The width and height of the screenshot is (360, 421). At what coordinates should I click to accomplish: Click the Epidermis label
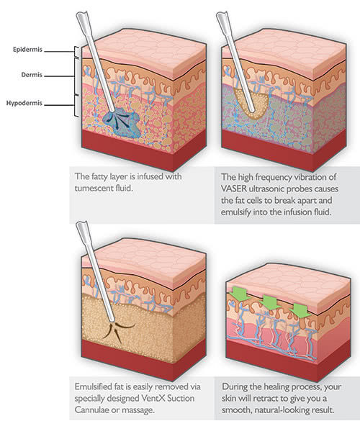click(27, 50)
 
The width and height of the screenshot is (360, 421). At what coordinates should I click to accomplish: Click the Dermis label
click(32, 75)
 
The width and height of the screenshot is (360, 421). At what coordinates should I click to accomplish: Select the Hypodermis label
click(24, 103)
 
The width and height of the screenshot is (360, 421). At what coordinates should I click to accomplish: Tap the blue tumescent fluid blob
click(122, 122)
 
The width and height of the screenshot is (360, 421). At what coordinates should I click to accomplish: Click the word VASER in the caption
click(234, 189)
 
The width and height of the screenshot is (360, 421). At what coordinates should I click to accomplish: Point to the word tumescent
click(94, 188)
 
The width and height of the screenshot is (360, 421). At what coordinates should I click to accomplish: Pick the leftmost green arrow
click(240, 294)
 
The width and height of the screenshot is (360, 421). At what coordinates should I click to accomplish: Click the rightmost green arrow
click(302, 311)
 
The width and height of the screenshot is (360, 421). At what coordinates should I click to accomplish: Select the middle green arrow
click(271, 302)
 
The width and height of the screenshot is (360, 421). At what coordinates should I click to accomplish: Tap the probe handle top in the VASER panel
click(221, 16)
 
